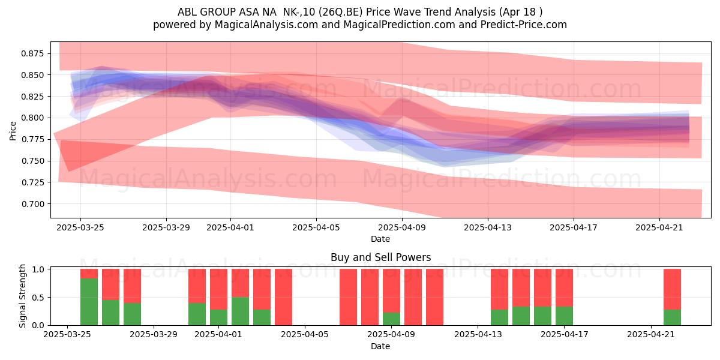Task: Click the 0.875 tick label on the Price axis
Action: pyautogui.click(x=32, y=53)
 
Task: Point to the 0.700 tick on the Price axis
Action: pyautogui.click(x=32, y=204)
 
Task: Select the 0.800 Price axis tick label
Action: pyautogui.click(x=32, y=118)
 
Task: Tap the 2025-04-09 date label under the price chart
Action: pyautogui.click(x=402, y=227)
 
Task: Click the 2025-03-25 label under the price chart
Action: pyautogui.click(x=80, y=227)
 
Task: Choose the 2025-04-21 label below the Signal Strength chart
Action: pyautogui.click(x=651, y=334)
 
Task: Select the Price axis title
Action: pyautogui.click(x=13, y=131)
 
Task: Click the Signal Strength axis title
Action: pyautogui.click(x=22, y=296)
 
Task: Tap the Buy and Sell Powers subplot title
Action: pyautogui.click(x=380, y=257)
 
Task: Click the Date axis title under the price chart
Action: pyautogui.click(x=380, y=239)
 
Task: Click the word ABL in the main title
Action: pyautogui.click(x=187, y=12)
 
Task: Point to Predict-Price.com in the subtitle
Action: pyautogui.click(x=524, y=25)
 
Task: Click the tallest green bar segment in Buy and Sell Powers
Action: pyautogui.click(x=89, y=302)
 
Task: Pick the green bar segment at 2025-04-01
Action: pyautogui.click(x=240, y=311)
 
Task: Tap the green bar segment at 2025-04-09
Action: pyautogui.click(x=391, y=319)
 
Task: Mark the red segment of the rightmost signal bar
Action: pyautogui.click(x=672, y=289)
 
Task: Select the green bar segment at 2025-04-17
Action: pyautogui.click(x=564, y=316)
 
